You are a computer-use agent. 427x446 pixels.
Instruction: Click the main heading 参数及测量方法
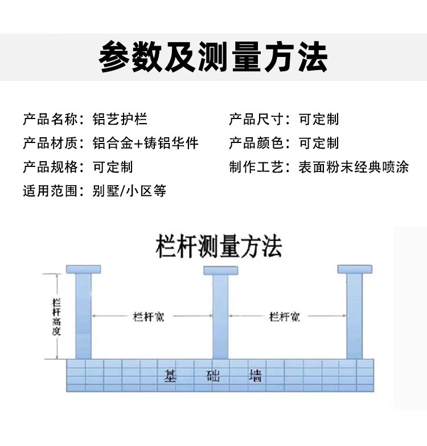[x=213, y=58]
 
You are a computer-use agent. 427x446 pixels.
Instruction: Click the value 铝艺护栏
[x=120, y=120]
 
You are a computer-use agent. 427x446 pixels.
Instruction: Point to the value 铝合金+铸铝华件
[x=145, y=144]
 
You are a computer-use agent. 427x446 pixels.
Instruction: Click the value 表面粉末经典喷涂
[x=354, y=167]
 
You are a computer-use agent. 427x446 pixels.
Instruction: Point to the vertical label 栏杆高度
[x=56, y=316]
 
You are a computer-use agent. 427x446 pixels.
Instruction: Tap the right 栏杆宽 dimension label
[x=284, y=317]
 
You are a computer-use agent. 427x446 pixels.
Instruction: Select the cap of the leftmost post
[x=83, y=269]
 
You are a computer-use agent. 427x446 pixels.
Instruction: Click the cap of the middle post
[x=220, y=269]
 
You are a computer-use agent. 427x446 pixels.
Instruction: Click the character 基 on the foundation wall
[x=170, y=376]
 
